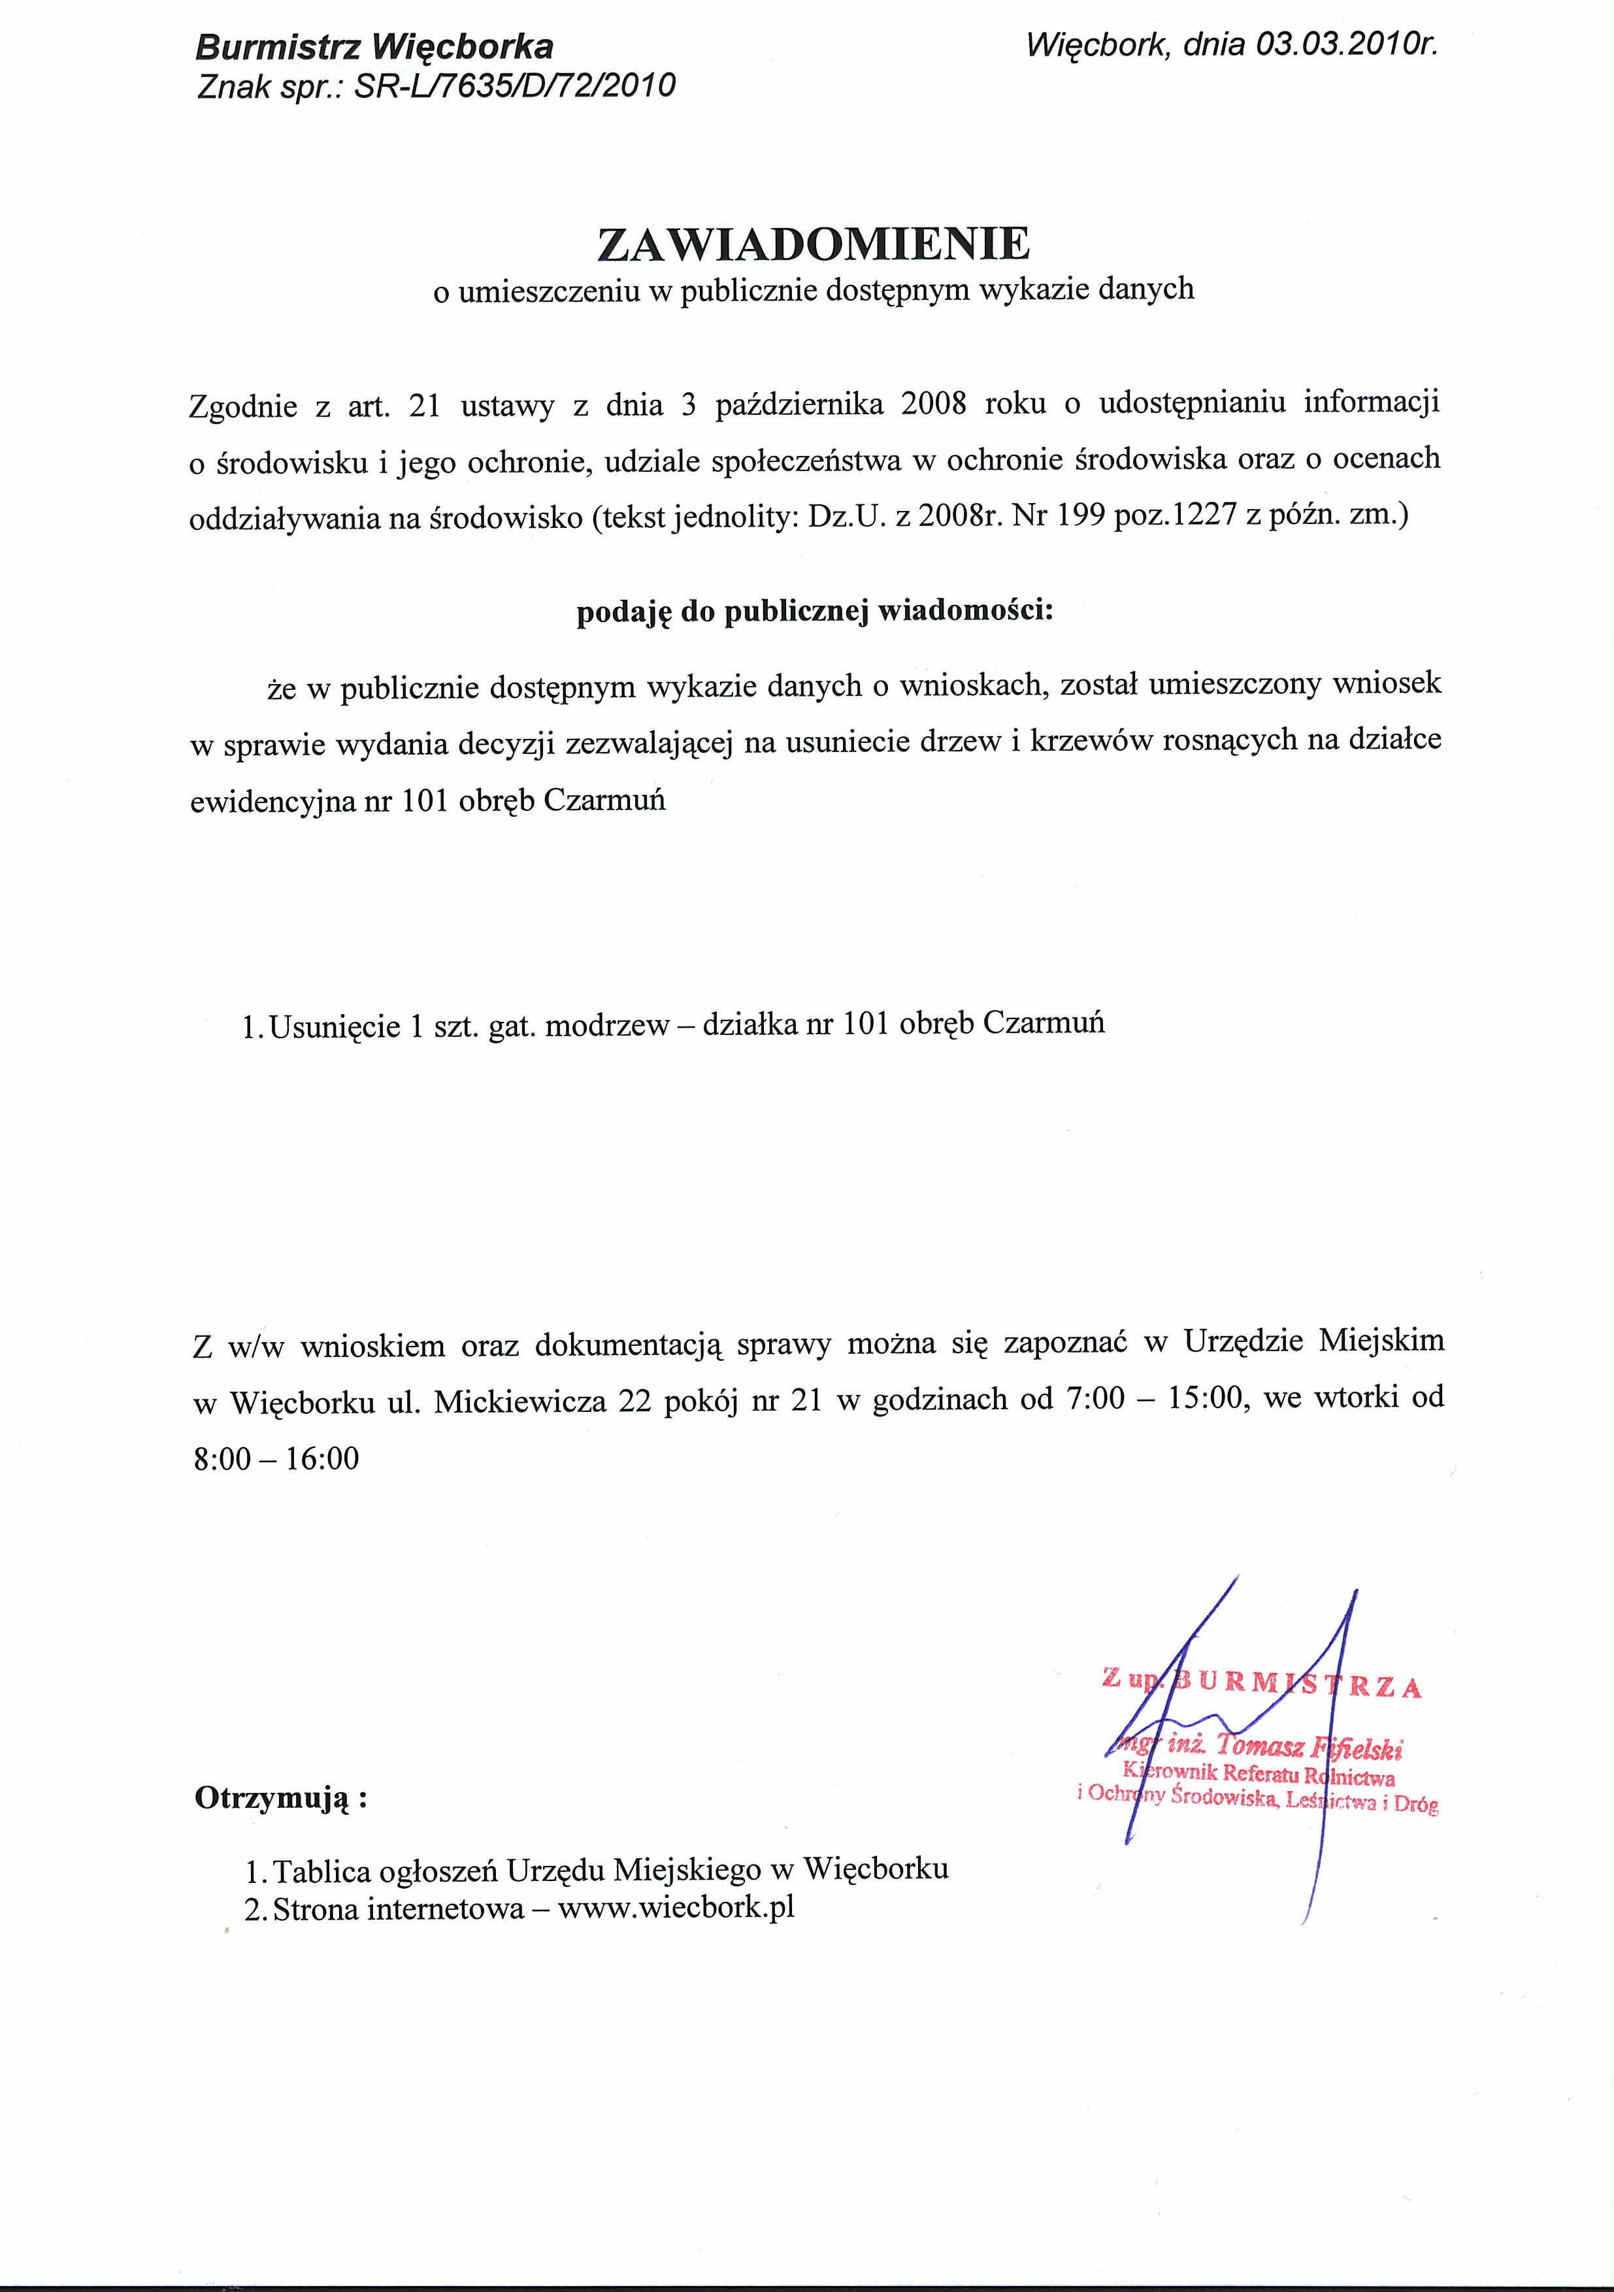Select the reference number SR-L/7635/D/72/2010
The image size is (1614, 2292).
tap(515, 88)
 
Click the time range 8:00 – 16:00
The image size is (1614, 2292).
tap(276, 1458)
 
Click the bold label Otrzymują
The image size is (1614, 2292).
tap(280, 1798)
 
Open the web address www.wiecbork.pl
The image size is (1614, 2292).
tap(676, 1908)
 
